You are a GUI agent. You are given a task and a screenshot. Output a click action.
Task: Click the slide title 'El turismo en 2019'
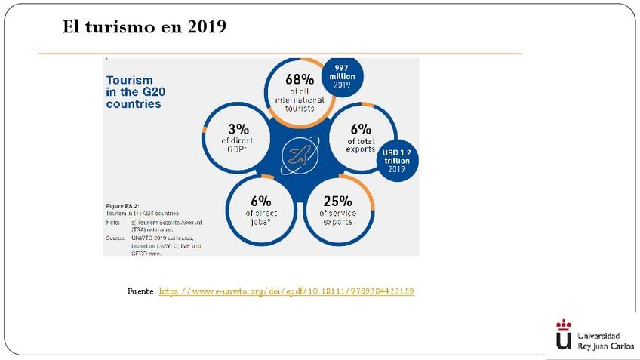point(145,28)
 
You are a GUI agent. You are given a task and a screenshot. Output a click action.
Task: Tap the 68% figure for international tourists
point(300,78)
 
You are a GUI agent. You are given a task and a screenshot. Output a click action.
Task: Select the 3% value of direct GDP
point(238,128)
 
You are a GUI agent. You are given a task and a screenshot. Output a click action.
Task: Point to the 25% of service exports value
point(337,201)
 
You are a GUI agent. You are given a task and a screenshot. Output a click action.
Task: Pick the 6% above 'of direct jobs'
point(260,201)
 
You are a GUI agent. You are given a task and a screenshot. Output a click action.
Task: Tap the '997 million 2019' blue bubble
point(342,75)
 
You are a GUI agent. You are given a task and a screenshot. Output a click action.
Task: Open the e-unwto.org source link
point(287,291)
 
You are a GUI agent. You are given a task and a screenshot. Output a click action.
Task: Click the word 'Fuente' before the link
point(141,291)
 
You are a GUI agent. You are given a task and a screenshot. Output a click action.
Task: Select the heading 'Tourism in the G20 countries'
point(134,91)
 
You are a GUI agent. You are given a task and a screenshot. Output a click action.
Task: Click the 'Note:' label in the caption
point(113,223)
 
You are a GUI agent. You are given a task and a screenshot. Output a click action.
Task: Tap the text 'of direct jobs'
point(260,217)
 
